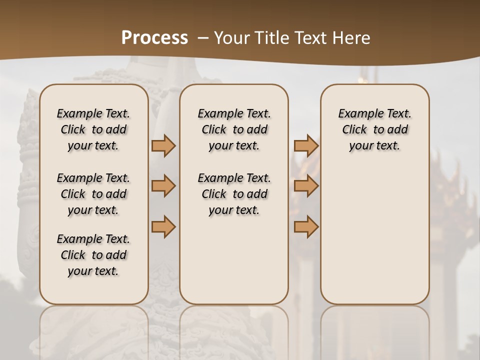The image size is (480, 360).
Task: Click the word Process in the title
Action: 154,38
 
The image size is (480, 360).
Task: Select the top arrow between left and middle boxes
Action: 163,146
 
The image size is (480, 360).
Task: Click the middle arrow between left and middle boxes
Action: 163,186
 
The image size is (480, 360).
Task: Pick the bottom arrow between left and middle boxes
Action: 163,226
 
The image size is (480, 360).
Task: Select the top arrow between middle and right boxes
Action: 306,146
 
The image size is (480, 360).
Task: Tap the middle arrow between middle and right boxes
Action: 306,186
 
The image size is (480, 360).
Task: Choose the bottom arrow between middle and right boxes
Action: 306,226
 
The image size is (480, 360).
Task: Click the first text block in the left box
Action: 93,129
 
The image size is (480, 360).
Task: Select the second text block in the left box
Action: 93,194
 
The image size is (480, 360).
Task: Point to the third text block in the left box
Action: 93,255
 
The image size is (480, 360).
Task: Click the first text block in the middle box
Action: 234,129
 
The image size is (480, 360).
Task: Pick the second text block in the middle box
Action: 234,194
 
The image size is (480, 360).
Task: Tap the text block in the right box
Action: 374,129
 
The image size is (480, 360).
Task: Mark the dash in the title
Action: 202,38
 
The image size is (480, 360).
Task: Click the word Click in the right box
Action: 354,130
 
